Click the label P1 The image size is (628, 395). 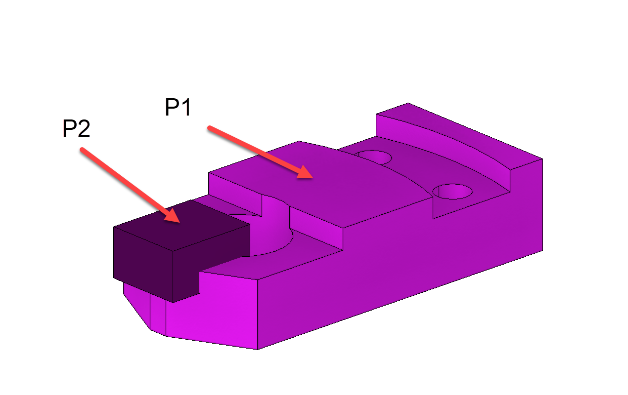coord(178,108)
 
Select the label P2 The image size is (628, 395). coord(76,129)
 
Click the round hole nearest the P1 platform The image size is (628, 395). coord(374,157)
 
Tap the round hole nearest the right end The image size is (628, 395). coord(452,191)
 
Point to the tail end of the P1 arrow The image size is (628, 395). coord(210,128)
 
